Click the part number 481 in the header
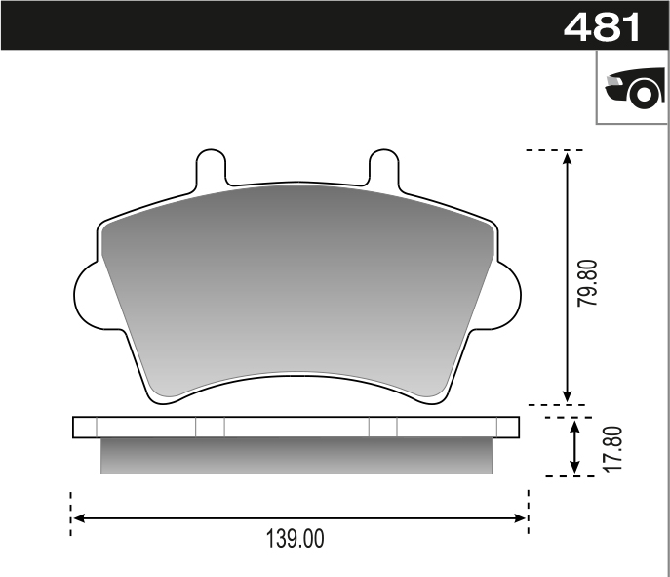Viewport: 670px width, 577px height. tap(602, 26)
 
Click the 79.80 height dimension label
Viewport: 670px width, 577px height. tap(586, 284)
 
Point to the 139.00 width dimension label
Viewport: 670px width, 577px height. tap(295, 539)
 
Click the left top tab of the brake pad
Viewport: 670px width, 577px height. tap(212, 167)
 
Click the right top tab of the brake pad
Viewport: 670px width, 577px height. tap(382, 167)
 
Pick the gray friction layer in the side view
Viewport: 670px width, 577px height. tap(296, 456)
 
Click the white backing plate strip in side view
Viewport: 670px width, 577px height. tap(296, 428)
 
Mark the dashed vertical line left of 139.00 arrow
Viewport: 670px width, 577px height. tap(70, 514)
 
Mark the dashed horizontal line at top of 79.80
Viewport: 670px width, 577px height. tap(554, 151)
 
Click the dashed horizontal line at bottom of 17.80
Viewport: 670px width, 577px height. tap(571, 476)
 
